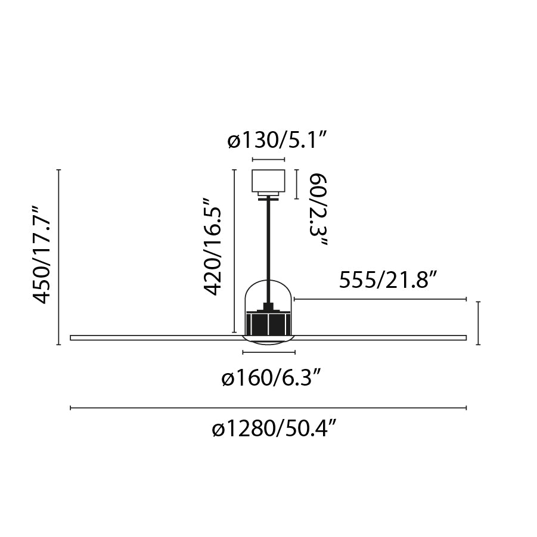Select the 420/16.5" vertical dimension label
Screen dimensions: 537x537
(x=214, y=247)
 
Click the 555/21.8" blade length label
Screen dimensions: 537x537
(x=389, y=280)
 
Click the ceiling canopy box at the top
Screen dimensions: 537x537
(x=268, y=181)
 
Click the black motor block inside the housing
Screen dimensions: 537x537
(x=268, y=324)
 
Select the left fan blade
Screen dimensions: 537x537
(x=155, y=338)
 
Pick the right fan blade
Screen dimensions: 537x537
(x=381, y=338)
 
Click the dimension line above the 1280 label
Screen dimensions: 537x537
(x=268, y=408)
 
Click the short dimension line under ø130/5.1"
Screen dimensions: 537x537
(x=268, y=160)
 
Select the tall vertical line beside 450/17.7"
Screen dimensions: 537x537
(x=58, y=257)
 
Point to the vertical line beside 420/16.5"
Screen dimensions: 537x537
(x=232, y=251)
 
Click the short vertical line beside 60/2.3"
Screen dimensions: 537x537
(x=296, y=184)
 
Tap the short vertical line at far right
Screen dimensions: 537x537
(x=479, y=323)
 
